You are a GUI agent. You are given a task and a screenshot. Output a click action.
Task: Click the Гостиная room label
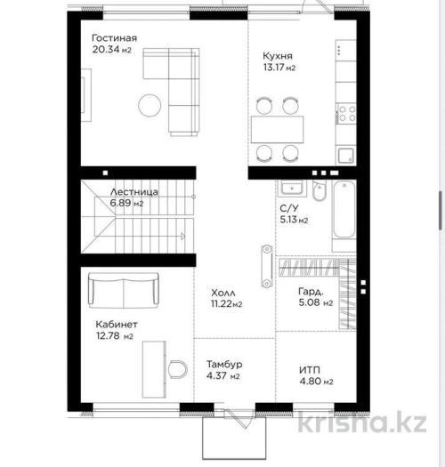coord(114,38)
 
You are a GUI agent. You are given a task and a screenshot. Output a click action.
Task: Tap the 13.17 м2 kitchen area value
coord(279,68)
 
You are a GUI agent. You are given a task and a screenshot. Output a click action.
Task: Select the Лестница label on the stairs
coord(133,192)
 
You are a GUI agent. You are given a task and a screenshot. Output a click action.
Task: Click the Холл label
coord(223,293)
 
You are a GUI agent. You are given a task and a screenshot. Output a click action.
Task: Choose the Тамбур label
coord(224,364)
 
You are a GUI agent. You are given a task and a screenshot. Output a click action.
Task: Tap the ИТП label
coord(310,370)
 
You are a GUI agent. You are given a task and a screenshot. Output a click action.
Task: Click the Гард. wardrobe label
coord(311,291)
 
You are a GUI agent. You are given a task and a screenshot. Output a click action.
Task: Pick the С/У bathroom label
coord(289,208)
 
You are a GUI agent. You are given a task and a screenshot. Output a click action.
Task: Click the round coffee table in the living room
coord(150,105)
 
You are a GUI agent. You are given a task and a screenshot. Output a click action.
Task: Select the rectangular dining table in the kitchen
coord(277,130)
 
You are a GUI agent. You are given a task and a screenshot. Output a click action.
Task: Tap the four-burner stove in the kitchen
coord(346,114)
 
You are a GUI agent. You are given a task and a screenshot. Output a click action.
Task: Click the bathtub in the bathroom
coord(344,209)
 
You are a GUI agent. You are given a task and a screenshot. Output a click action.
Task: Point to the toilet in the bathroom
coord(320,190)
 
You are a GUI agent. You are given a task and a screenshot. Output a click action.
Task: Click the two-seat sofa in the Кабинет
coord(124,290)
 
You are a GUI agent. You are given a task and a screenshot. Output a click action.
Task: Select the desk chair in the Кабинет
coord(178,370)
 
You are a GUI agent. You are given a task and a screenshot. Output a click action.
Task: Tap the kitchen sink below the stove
coord(346,156)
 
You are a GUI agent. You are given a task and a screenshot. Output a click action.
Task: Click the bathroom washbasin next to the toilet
coord(292,188)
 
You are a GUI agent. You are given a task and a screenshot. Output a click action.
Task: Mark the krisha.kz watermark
coord(362,422)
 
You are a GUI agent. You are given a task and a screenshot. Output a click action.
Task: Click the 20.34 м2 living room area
coord(111,50)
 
